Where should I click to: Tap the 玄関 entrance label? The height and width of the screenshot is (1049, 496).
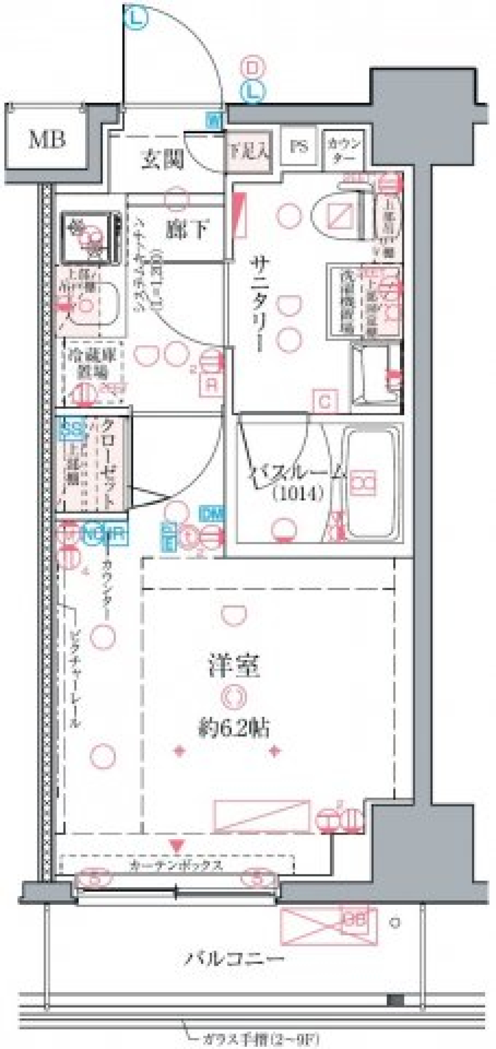[163, 159]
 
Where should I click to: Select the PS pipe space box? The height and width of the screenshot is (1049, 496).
[299, 147]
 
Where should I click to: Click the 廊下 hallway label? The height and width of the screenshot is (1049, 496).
[187, 229]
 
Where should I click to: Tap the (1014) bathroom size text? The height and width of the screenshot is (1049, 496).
[298, 493]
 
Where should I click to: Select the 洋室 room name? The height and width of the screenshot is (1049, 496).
[234, 666]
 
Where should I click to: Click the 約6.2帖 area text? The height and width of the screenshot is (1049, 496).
[234, 728]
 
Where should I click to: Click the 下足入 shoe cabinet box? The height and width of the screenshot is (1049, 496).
[249, 152]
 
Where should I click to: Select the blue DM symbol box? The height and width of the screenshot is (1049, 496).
[212, 514]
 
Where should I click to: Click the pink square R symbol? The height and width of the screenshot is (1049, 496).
[212, 384]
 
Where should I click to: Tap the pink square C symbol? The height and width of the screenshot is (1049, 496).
[325, 402]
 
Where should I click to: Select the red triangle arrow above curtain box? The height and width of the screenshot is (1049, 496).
[177, 846]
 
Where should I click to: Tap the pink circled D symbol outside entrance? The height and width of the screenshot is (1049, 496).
[253, 68]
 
